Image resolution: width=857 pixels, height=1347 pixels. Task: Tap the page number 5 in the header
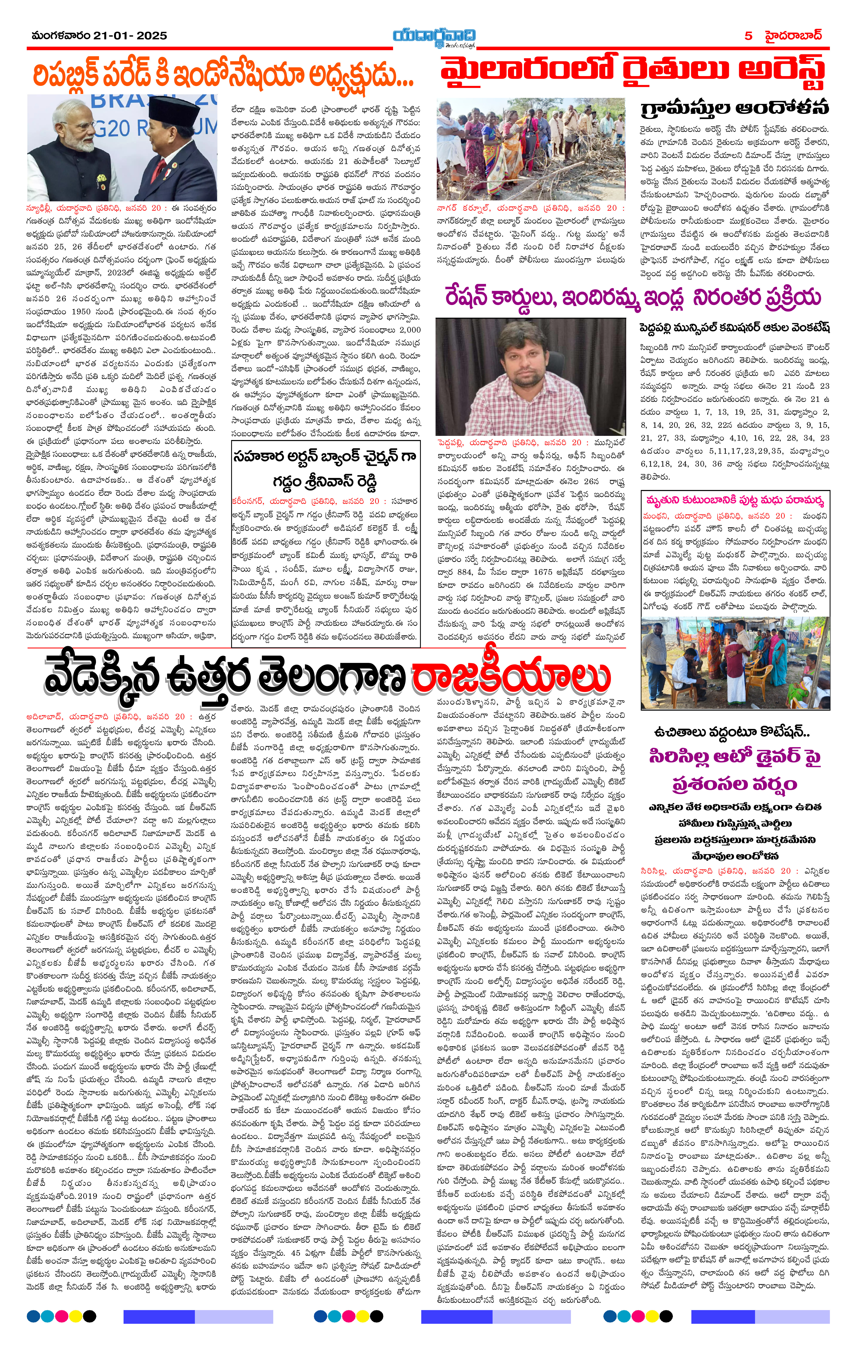point(748,36)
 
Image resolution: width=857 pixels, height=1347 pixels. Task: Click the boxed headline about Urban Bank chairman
point(325,469)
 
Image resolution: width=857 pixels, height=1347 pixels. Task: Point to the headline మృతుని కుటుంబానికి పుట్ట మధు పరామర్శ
point(734,500)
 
